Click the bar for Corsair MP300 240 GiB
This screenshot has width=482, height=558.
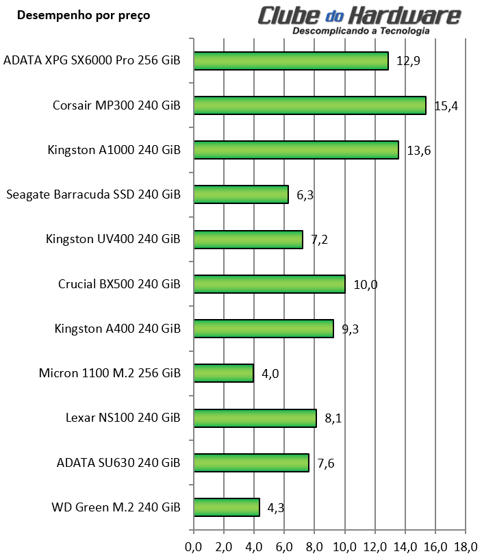309,105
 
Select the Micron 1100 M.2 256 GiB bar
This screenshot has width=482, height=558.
224,373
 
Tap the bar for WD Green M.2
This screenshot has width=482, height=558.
227,507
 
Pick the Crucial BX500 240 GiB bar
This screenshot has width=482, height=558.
269,284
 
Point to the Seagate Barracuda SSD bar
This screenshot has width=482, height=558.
241,194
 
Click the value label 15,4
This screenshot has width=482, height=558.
446,105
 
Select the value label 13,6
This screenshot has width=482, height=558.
418,151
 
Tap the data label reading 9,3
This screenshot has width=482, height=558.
350,329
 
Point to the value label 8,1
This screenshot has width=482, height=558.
333,418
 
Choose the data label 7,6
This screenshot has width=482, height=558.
325,464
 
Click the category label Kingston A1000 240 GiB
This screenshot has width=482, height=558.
114,151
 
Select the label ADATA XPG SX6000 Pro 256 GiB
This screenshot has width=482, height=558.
92,60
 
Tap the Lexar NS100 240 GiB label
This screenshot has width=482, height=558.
123,418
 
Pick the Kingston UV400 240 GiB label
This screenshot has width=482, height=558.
113,240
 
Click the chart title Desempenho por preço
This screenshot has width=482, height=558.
83,15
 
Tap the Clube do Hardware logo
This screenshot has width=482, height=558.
360,15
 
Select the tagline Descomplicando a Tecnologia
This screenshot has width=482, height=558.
361,31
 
